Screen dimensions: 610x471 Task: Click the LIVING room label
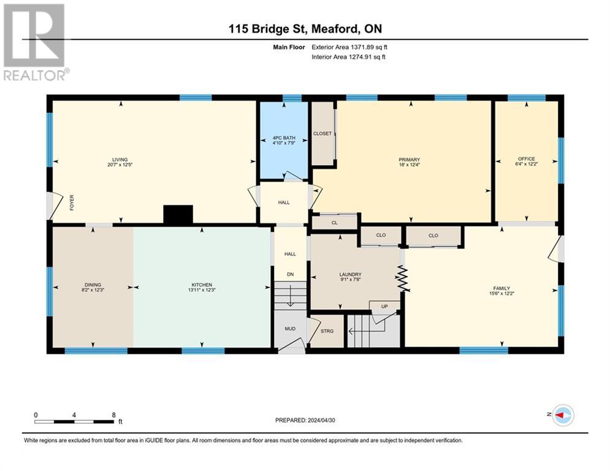120,159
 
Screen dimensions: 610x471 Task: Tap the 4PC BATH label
284,138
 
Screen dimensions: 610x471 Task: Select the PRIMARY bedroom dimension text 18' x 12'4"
410,164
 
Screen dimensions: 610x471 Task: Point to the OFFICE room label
527,159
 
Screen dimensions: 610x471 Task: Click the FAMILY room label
502,288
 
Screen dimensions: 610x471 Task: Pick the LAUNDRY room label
350,274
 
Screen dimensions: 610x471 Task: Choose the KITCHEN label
202,285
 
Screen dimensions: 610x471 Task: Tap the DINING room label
93,285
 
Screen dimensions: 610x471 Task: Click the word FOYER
72,203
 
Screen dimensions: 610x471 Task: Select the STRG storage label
327,331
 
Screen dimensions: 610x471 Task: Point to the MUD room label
290,329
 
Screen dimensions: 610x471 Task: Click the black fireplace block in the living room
178,215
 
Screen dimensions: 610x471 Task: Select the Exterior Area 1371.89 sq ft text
349,47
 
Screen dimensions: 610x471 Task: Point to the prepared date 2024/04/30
321,420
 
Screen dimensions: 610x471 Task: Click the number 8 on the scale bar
113,415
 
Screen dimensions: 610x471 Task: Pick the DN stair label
290,274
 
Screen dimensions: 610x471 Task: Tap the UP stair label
384,307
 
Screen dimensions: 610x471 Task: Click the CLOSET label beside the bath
322,134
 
